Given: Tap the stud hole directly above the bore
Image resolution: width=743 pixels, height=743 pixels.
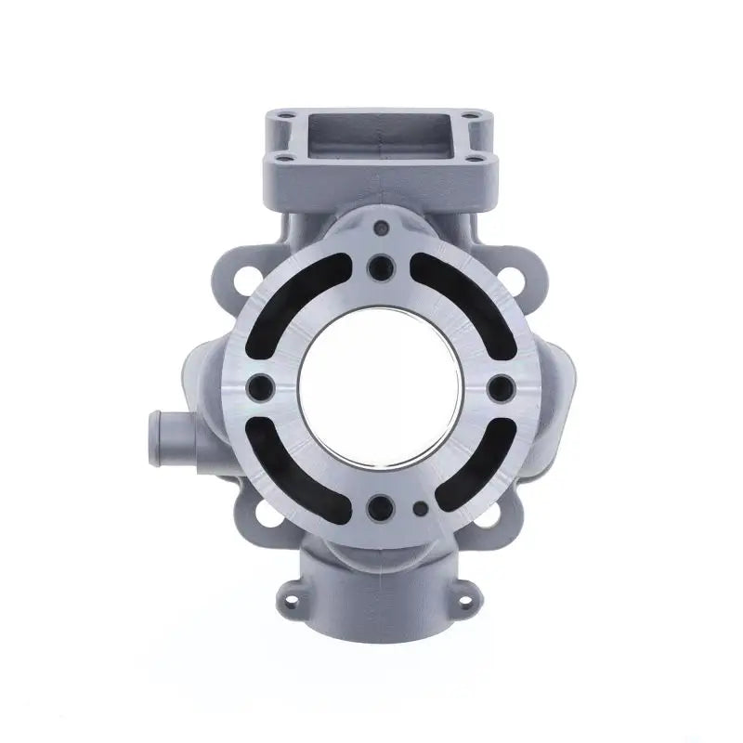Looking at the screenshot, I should pyautogui.click(x=380, y=268).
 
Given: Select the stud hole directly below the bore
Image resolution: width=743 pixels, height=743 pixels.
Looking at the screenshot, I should pyautogui.click(x=380, y=507).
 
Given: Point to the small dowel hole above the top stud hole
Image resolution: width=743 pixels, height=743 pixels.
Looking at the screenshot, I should pyautogui.click(x=380, y=227).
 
